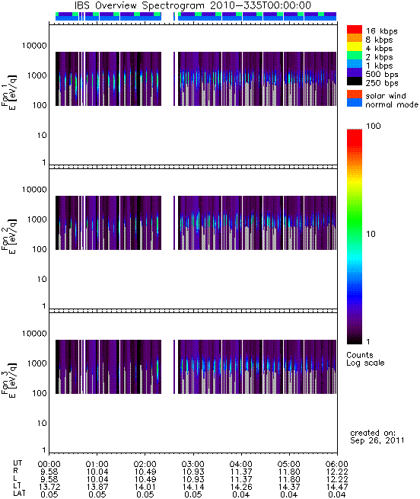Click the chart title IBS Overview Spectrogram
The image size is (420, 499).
coord(139,5)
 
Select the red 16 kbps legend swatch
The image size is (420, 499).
coord(355,29)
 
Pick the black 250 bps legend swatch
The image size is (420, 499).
coord(355,82)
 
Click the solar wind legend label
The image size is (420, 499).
coord(385,96)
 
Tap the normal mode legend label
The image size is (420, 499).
coord(391,104)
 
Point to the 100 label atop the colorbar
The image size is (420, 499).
coord(374,126)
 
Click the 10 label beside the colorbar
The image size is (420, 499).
coord(371,234)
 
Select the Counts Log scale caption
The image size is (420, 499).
coord(365,359)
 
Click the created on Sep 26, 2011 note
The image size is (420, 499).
coord(377,437)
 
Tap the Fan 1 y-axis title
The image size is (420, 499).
coord(8,92)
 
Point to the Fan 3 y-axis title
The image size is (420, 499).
coord(8,380)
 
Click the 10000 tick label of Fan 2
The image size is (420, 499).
coord(34,190)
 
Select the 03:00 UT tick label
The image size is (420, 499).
coord(193,464)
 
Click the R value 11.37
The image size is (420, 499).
coord(240,472)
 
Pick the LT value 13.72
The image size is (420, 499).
coord(49,488)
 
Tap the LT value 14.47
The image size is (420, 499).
coord(337,488)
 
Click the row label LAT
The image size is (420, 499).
coord(19,494)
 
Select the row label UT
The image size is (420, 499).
coord(17,463)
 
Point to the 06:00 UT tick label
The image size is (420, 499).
coord(337,464)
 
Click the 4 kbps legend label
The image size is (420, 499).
coord(379,49)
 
